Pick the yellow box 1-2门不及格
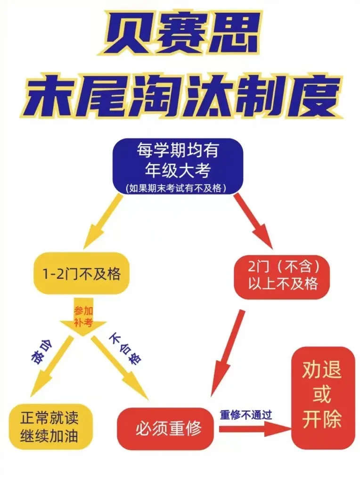[81, 273]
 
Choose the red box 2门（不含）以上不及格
[282, 277]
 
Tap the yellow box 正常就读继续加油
[50, 427]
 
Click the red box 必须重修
[165, 428]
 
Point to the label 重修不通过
[246, 415]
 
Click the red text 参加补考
[83, 317]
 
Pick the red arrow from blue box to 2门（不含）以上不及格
[254, 221]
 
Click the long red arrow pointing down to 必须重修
[227, 354]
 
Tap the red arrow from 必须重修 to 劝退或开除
[255, 429]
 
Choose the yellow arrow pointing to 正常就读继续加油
[51, 367]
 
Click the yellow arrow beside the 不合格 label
[120, 367]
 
